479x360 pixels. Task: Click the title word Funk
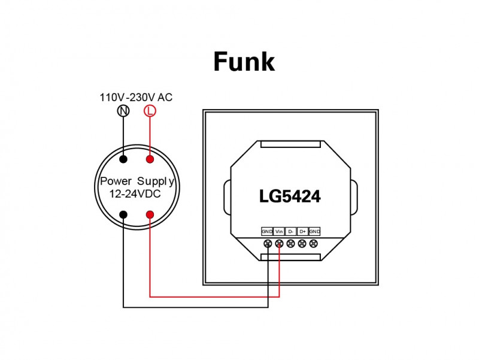tap(244, 62)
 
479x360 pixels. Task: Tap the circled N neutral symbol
tap(123, 111)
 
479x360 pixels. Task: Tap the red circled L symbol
tap(150, 111)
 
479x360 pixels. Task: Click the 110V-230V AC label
tap(136, 97)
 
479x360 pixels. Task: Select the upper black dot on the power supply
tap(123, 159)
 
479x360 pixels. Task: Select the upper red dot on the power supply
tap(150, 159)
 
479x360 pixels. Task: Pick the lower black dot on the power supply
tap(123, 214)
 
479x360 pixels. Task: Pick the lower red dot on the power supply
tap(150, 214)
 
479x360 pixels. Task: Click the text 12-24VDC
tap(135, 194)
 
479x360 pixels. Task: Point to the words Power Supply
tap(137, 181)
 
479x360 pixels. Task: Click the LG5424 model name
tap(290, 196)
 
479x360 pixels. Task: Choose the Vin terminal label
tap(279, 231)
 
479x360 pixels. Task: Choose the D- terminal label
tap(291, 231)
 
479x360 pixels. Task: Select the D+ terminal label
tap(302, 231)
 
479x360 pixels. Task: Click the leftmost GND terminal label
tap(267, 231)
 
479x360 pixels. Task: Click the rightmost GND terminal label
tap(314, 231)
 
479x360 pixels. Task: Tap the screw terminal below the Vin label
tap(279, 243)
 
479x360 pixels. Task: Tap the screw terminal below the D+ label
tap(302, 243)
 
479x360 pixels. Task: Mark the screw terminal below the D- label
tap(291, 243)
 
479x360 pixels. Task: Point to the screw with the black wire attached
tap(268, 243)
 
